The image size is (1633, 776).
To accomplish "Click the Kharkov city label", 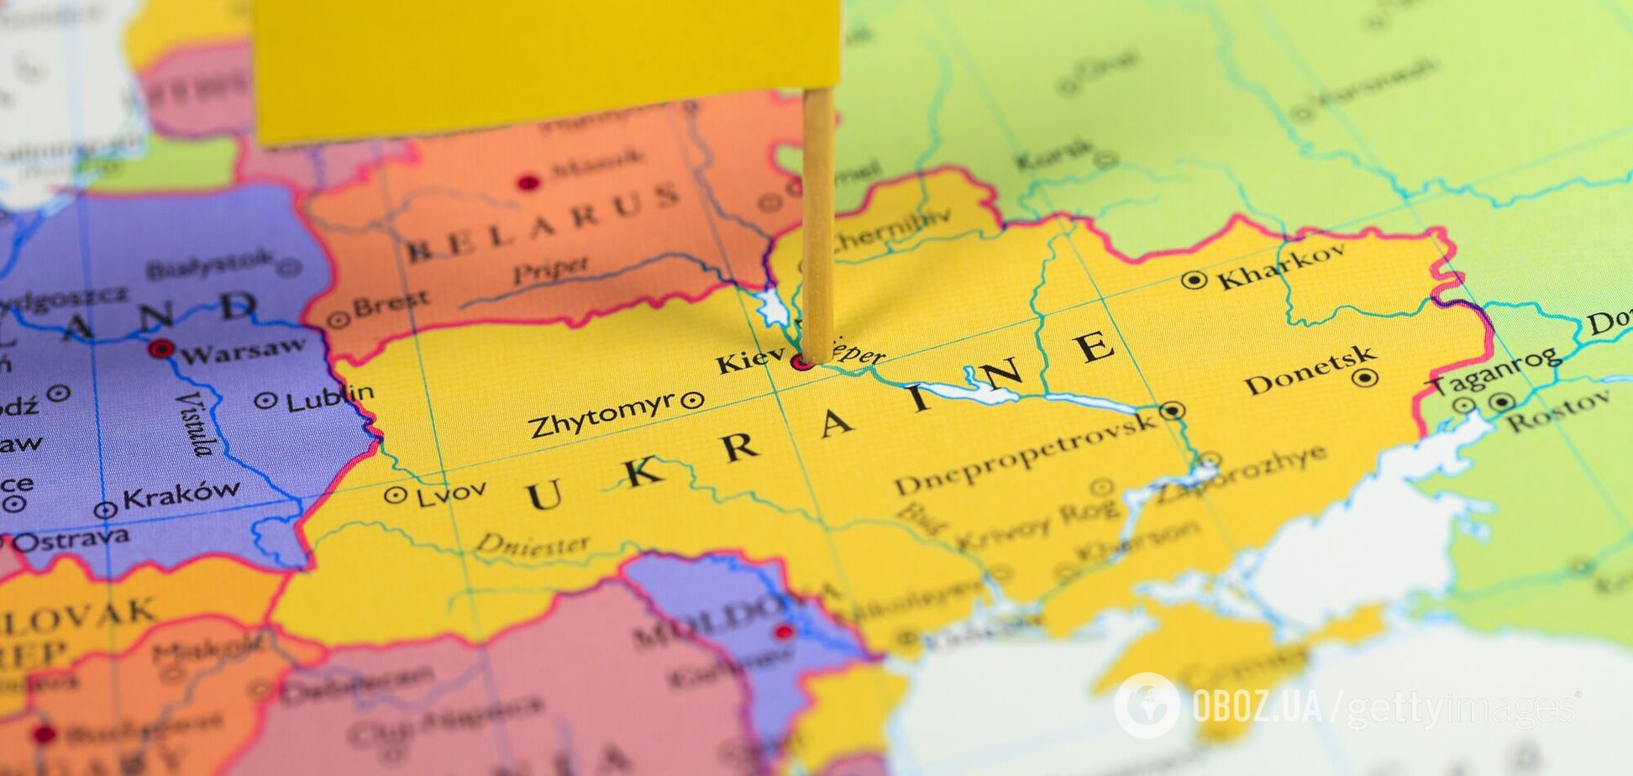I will point(1280,267).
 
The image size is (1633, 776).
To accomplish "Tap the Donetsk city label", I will point(1310,371).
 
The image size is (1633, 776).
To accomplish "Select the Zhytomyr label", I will point(602,414).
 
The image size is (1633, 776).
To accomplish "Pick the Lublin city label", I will point(330,397).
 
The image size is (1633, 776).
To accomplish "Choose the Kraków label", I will point(181,495).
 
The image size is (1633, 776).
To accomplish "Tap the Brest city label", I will point(391,303).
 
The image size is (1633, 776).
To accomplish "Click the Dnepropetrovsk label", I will point(1025,454).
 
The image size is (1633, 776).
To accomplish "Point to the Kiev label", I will point(749,361).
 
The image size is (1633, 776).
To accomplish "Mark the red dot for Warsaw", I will point(160,349).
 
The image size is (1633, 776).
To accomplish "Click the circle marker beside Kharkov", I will point(1194,281).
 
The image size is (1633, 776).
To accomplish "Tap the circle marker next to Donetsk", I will point(1365,378).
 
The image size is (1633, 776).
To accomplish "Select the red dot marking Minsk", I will point(528,182).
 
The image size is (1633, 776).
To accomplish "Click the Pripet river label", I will point(550,270).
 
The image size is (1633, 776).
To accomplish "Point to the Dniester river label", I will point(533,544).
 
